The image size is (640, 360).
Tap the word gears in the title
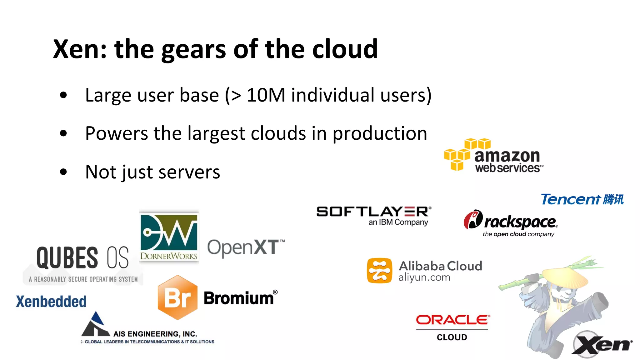click(x=193, y=50)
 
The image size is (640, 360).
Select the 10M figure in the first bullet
click(x=266, y=95)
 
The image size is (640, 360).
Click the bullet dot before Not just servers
click(x=63, y=172)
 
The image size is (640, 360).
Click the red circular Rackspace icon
click(x=473, y=219)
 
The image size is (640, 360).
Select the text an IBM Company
click(x=398, y=222)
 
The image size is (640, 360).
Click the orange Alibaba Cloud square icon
click(x=379, y=271)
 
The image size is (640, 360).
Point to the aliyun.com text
click(x=424, y=277)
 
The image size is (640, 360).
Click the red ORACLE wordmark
click(x=453, y=320)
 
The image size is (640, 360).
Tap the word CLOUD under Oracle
click(x=452, y=337)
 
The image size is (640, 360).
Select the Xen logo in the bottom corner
click(x=602, y=344)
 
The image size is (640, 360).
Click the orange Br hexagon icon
click(x=177, y=297)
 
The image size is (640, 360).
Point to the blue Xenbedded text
click(x=51, y=302)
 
